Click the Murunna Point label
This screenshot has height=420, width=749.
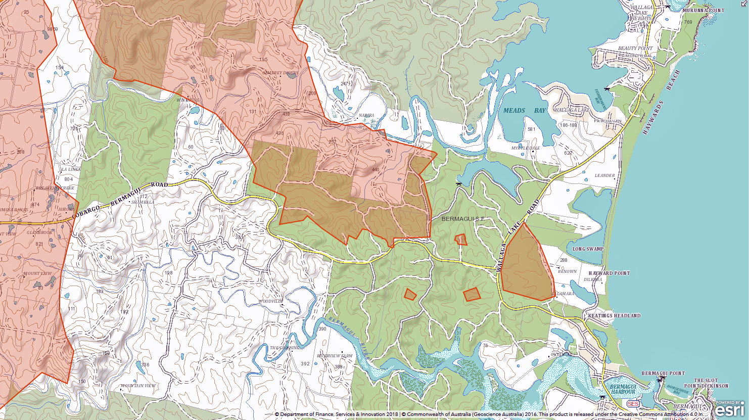(x=703, y=11)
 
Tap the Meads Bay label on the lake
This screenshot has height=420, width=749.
(x=525, y=110)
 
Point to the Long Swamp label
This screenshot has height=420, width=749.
(x=588, y=249)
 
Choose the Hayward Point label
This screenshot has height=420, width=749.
(x=609, y=273)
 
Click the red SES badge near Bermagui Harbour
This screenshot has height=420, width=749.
(x=632, y=404)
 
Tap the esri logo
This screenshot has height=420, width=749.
(x=729, y=409)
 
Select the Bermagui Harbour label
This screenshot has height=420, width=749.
(x=623, y=389)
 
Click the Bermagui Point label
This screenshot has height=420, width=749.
(x=663, y=374)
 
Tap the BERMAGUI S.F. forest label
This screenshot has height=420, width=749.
(x=463, y=219)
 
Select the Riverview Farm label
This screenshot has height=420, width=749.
(x=335, y=356)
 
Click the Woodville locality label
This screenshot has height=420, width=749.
(x=271, y=301)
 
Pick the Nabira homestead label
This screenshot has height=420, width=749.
(x=366, y=116)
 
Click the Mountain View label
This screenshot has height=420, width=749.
(x=138, y=386)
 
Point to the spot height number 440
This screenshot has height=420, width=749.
(x=375, y=170)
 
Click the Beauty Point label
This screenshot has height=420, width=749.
(x=635, y=49)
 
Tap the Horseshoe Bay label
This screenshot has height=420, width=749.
(x=677, y=390)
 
